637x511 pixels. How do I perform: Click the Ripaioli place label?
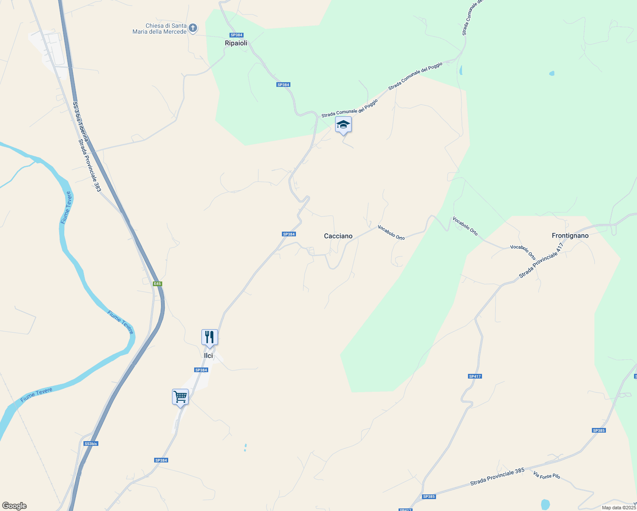pos(236,43)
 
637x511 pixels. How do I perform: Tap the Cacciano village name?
pos(338,236)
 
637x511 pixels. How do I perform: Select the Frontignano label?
pos(570,235)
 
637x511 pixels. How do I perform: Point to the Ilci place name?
pos(208,356)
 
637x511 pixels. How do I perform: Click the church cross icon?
pos(193,28)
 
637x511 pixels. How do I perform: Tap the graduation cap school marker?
pos(343,125)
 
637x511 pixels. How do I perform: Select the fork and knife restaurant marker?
pos(209,337)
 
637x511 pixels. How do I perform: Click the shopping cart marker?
pos(181,397)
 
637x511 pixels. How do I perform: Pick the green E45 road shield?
pos(158,284)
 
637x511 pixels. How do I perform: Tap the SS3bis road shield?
pos(91,444)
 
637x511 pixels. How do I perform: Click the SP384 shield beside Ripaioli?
pos(236,35)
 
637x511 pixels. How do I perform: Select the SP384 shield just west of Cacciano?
pos(289,234)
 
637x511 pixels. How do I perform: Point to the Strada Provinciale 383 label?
pos(89,166)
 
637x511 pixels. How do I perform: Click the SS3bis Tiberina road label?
pos(80,122)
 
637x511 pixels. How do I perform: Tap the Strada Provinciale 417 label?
pos(541,261)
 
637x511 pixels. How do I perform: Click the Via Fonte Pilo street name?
pos(547,474)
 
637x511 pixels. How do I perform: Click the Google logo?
pos(14,506)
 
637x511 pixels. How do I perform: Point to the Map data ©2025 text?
pos(619,508)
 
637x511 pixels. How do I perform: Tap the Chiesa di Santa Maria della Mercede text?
pos(160,29)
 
